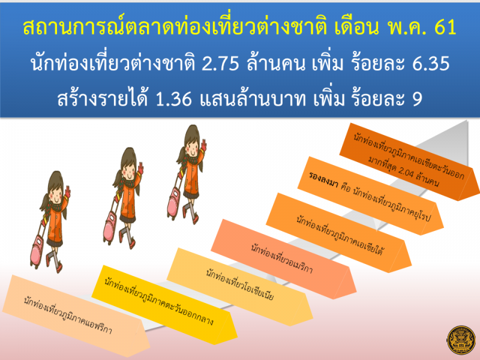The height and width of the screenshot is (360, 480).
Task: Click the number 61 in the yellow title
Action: (x=445, y=26)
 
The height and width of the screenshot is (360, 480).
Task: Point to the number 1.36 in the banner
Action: (x=174, y=99)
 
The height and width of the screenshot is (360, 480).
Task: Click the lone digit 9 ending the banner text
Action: (x=418, y=99)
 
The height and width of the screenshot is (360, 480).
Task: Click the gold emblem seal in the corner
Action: (x=461, y=340)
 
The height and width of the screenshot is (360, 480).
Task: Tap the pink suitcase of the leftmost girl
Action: (x=38, y=250)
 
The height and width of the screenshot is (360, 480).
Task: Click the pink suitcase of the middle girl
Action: (x=110, y=227)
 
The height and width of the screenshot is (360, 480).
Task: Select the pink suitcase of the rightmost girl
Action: (x=174, y=203)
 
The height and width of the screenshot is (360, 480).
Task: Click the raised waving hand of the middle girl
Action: (x=140, y=168)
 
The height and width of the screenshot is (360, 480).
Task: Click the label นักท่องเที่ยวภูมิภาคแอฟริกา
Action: (x=68, y=316)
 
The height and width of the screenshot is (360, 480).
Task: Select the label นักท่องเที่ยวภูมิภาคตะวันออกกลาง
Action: (x=158, y=302)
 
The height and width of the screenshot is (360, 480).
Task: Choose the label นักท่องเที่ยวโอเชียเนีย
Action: (x=239, y=284)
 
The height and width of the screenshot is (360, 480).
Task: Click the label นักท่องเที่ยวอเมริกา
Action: (x=281, y=259)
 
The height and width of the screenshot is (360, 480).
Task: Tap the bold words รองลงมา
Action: (x=323, y=180)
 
